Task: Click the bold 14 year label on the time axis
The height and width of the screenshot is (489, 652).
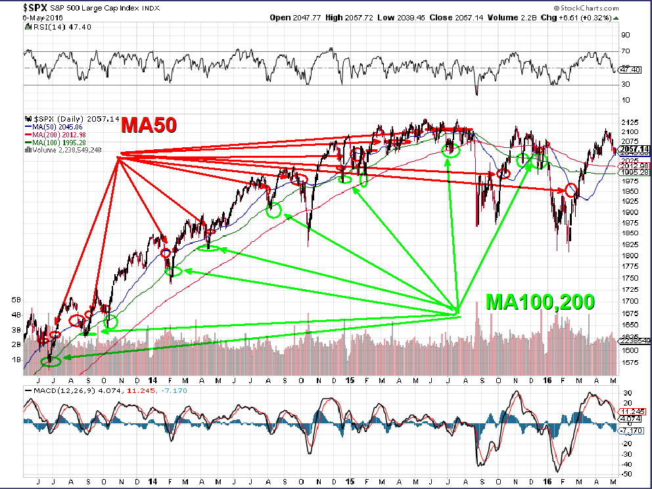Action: (152, 381)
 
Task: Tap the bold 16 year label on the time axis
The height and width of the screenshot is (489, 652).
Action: (547, 381)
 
